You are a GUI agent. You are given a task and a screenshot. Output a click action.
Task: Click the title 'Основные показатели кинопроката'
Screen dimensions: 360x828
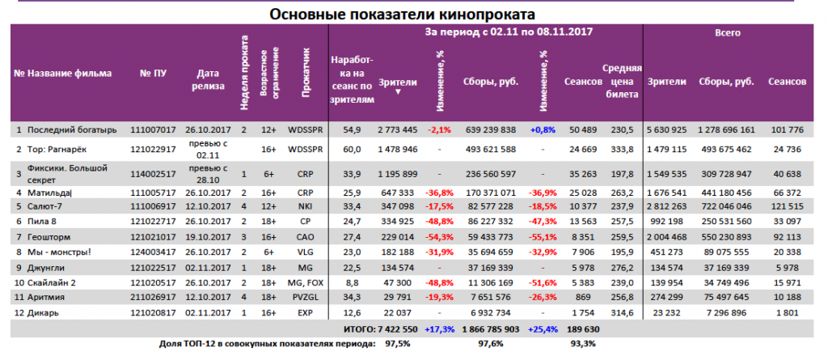[402, 13]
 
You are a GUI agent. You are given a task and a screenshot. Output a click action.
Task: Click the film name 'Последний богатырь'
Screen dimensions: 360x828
[73, 129]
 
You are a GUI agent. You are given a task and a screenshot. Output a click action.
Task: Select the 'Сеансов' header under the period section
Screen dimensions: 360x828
[583, 82]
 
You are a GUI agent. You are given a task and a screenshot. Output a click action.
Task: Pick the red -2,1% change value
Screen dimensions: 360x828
[439, 129]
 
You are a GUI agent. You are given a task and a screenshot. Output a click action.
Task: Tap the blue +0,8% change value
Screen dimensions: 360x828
[541, 129]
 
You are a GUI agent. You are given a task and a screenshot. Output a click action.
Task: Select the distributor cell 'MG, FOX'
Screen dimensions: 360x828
[305, 283]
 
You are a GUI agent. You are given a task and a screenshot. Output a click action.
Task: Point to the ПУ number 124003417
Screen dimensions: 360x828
[153, 252]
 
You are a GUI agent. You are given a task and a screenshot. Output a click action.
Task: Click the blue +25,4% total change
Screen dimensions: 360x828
[540, 329]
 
